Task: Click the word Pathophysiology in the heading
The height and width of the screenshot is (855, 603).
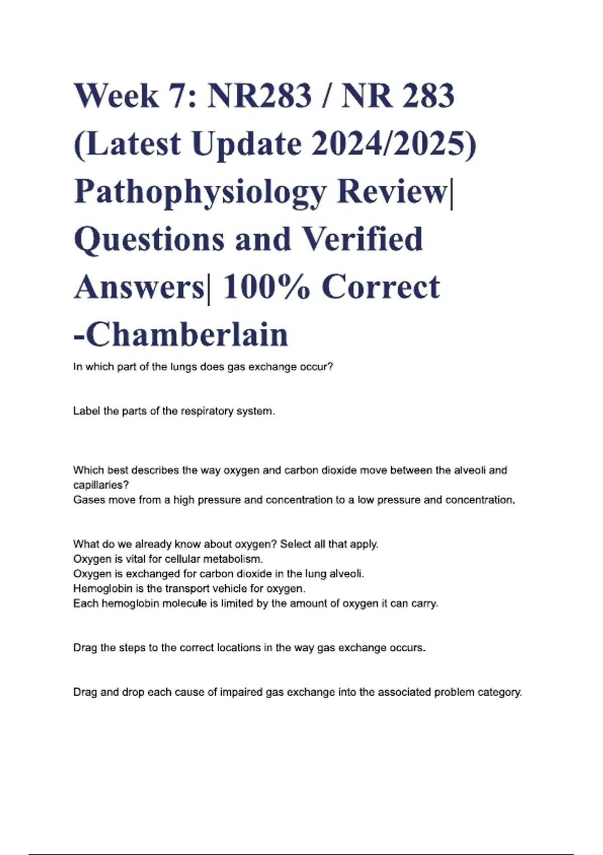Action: coord(200,192)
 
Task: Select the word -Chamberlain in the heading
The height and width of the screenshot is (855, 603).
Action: coord(181,335)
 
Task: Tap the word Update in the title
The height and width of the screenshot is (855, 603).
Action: coord(247,144)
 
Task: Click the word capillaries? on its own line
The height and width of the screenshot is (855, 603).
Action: coord(101,485)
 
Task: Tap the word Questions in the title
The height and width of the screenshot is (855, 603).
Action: coord(150,239)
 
